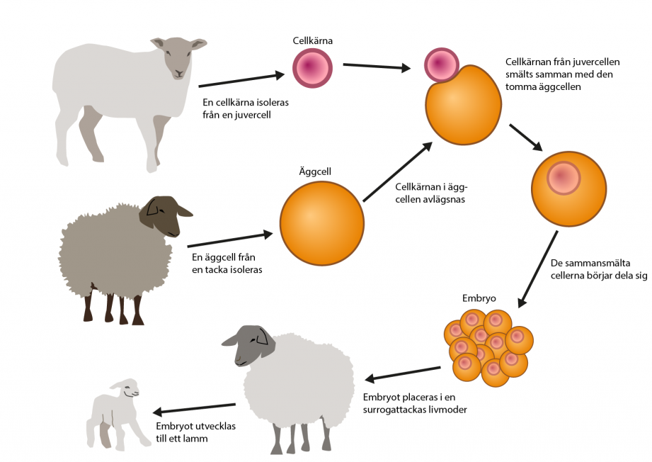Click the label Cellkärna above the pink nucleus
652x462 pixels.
312,41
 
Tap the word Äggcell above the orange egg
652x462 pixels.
315,172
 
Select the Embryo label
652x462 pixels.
479,298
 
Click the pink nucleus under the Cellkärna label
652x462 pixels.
312,68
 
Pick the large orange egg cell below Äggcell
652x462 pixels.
322,223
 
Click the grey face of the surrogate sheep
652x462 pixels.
248,346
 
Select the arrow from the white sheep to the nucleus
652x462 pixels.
241,80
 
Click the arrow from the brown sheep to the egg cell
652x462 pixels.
230,240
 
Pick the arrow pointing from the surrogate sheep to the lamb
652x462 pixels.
194,408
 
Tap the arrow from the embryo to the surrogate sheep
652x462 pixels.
403,373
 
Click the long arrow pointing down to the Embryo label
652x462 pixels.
537,269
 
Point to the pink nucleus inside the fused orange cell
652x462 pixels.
564,178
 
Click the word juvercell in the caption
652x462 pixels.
253,115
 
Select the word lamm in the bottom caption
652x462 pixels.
196,439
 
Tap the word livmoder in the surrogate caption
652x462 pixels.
448,410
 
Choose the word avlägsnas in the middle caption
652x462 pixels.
445,200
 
